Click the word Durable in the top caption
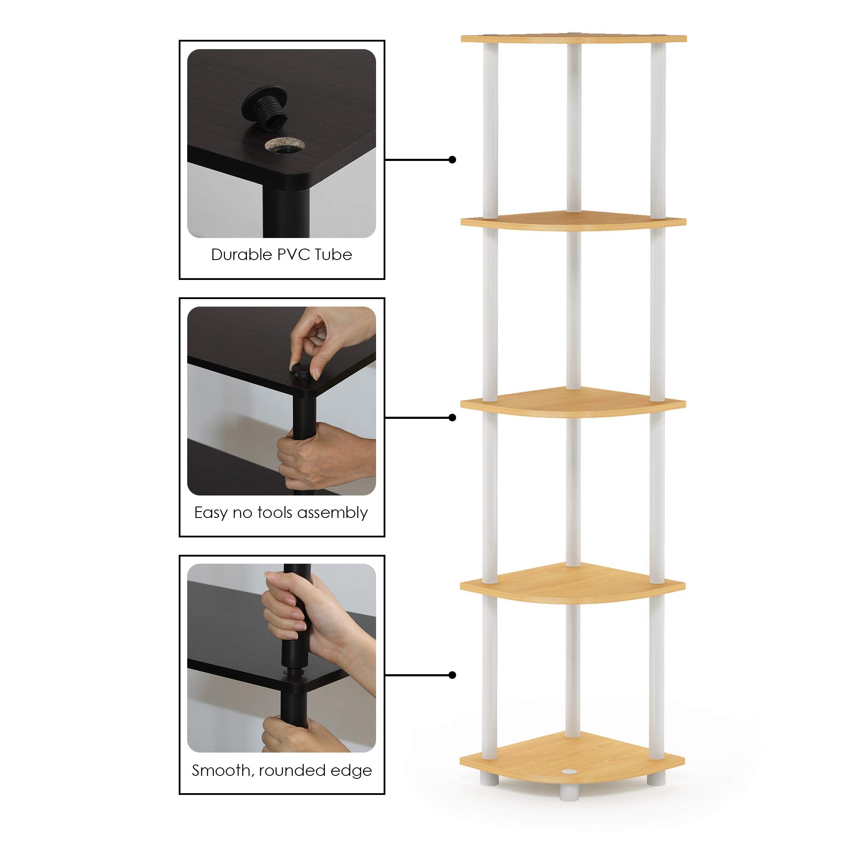tap(241, 255)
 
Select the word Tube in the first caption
tap(334, 255)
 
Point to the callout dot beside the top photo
tap(452, 160)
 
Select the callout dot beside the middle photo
tap(452, 418)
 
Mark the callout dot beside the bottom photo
tap(452, 675)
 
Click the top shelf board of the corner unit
tap(573, 39)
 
